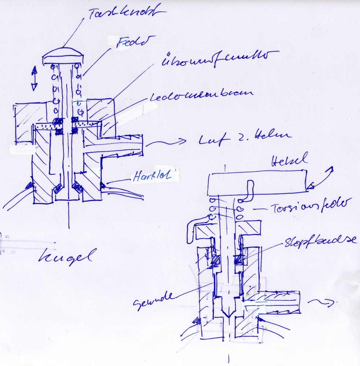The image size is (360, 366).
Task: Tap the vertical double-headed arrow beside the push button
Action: pos(34,78)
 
